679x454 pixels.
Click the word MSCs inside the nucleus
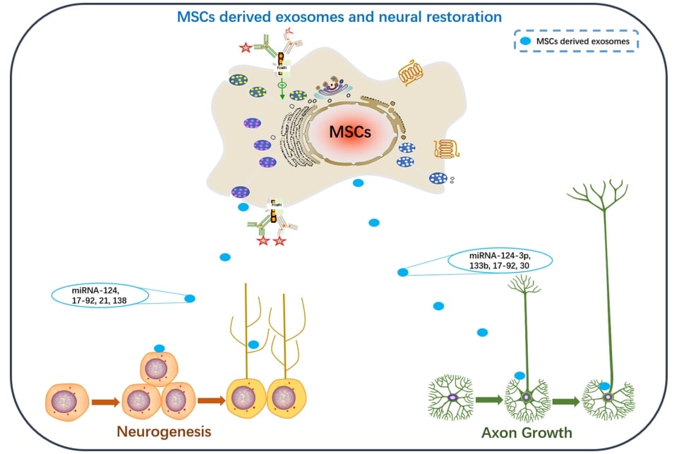click(351, 132)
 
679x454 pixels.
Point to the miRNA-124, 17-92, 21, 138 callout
click(100, 295)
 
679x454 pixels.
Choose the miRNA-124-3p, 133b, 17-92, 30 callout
click(500, 260)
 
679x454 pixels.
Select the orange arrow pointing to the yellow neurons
click(210, 400)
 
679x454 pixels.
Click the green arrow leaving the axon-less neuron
click(488, 400)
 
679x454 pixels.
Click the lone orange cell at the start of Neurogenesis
click(68, 401)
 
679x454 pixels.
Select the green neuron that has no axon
click(452, 398)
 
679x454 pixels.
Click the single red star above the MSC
click(246, 48)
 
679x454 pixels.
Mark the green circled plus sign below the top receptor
click(282, 85)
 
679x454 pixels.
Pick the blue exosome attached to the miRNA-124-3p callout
click(402, 272)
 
